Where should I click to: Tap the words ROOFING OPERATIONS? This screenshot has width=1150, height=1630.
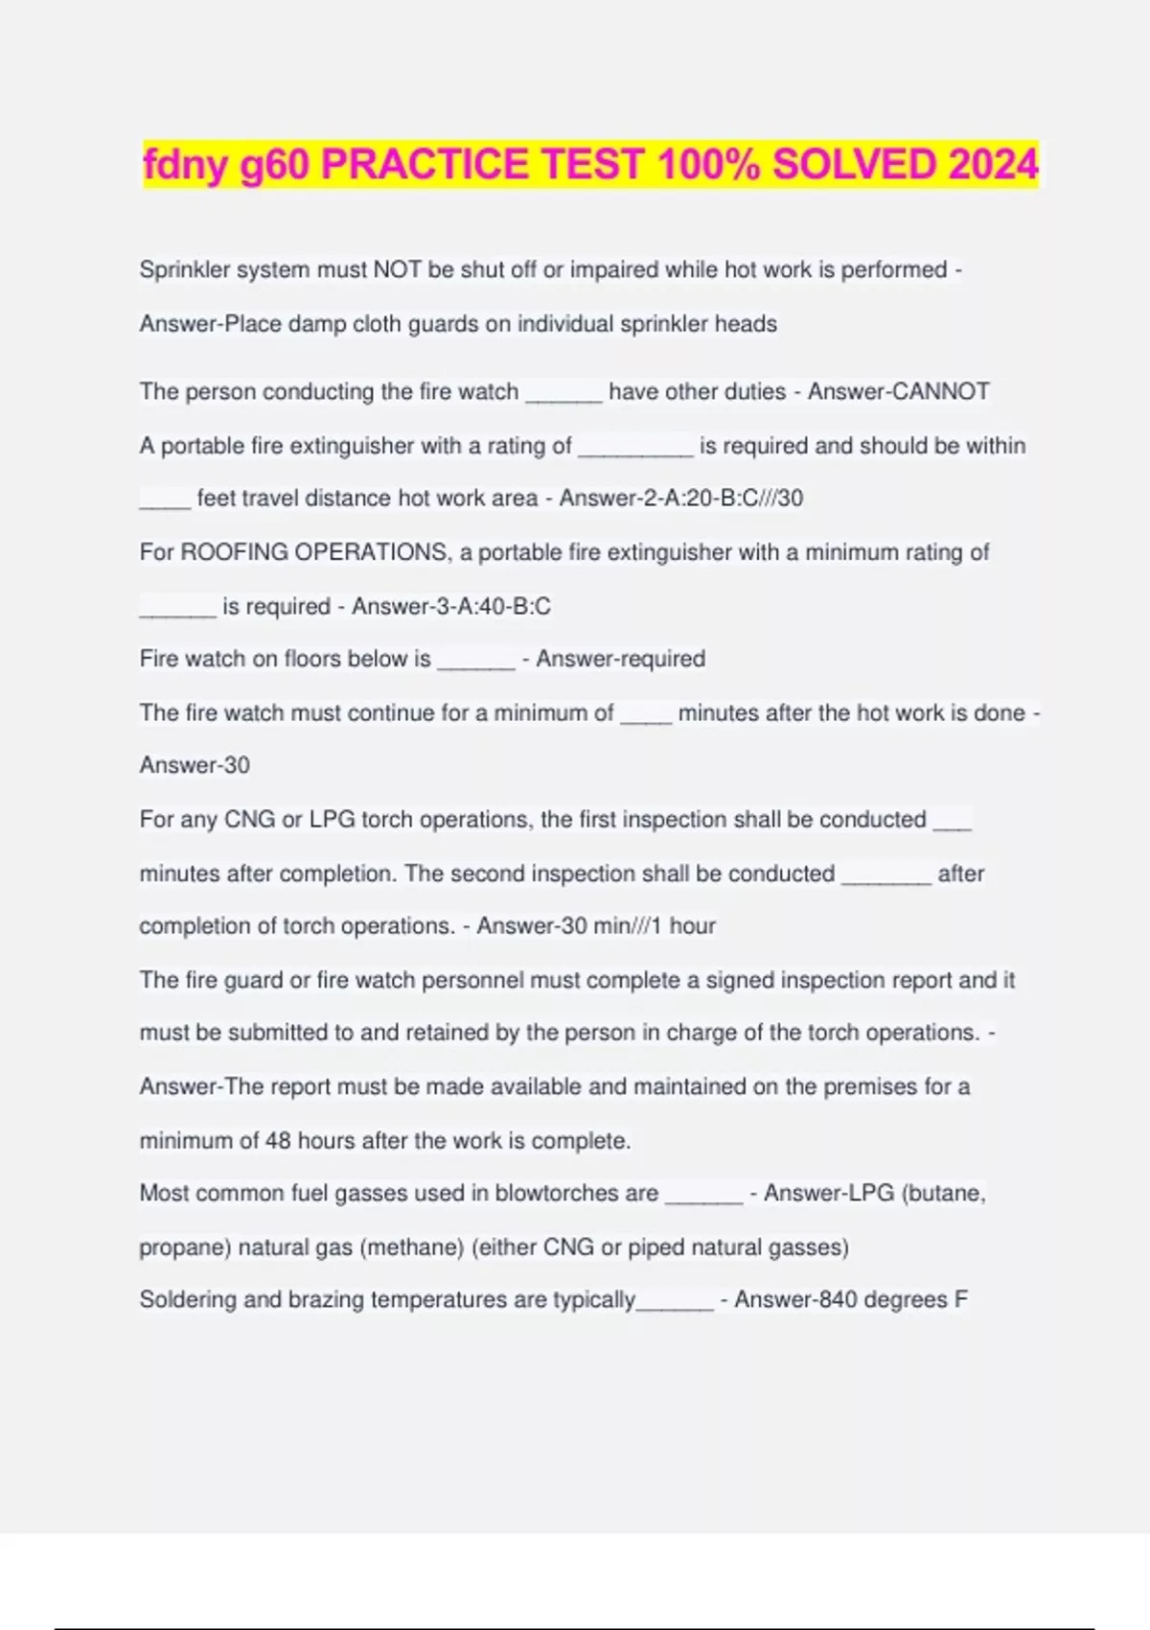[x=312, y=552]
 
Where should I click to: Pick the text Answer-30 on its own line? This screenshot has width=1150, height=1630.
[x=195, y=765]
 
